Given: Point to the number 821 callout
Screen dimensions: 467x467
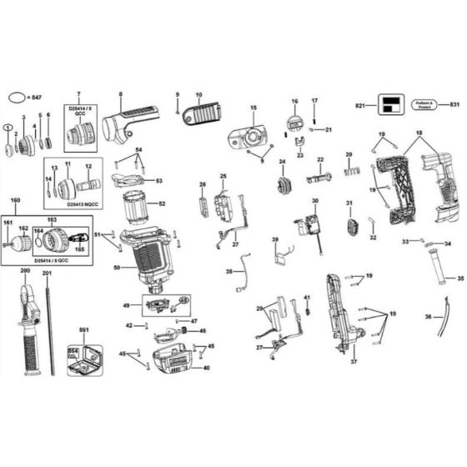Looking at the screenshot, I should pos(359,106).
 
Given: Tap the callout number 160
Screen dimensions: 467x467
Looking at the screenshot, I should pos(14,201).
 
